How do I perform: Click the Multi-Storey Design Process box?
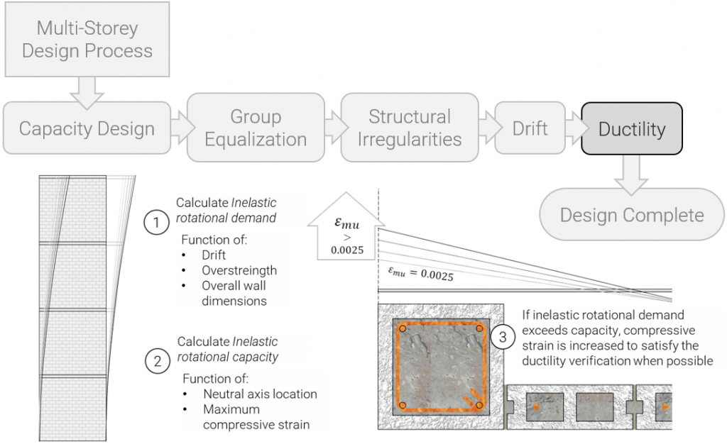(x=87, y=40)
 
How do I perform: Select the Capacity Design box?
(x=87, y=129)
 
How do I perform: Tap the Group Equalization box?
(x=256, y=128)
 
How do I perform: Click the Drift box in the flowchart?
(x=530, y=128)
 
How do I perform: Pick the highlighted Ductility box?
(x=632, y=129)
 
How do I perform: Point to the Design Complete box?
(x=632, y=215)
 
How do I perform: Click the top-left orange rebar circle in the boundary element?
(x=403, y=329)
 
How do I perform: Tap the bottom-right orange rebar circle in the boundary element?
(x=479, y=405)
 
